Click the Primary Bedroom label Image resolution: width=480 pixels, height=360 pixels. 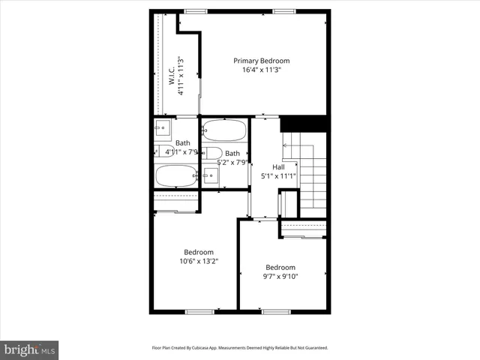point(261,61)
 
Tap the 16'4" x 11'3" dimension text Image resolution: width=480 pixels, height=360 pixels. point(261,70)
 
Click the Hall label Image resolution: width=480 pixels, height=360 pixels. point(278,167)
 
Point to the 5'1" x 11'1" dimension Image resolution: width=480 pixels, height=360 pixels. point(278,176)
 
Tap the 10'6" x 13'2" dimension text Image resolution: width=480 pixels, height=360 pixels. point(199,262)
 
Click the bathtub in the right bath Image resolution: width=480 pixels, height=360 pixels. point(224,130)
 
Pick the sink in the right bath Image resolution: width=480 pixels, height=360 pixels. point(211,176)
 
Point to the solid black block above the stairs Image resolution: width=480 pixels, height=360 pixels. point(303,124)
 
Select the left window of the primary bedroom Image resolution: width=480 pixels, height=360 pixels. point(196,11)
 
